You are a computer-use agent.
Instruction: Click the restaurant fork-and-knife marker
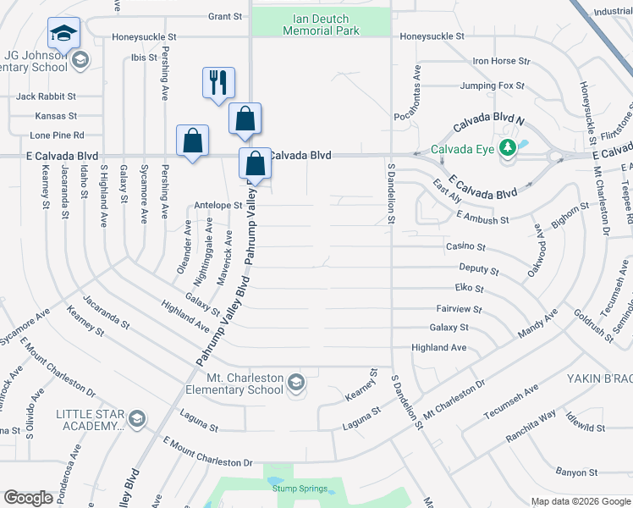point(217,83)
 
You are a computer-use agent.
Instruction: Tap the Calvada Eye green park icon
point(508,148)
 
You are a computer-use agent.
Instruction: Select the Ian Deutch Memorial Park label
point(322,25)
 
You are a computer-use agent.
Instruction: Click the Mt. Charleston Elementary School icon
point(295,384)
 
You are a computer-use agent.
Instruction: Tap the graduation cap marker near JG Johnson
point(63,33)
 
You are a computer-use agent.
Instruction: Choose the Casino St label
point(465,247)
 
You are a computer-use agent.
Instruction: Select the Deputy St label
point(478,269)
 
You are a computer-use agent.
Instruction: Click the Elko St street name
point(467,289)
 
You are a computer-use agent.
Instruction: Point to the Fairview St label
point(459,310)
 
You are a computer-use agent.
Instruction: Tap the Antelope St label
point(218,205)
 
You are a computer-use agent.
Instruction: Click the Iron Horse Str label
point(501,61)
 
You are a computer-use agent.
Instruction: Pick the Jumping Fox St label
point(493,86)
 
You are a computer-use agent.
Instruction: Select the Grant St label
point(225,16)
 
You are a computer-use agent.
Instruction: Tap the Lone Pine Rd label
point(58,135)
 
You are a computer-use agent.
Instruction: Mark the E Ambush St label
point(482,218)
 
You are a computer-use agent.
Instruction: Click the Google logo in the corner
point(28,498)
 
